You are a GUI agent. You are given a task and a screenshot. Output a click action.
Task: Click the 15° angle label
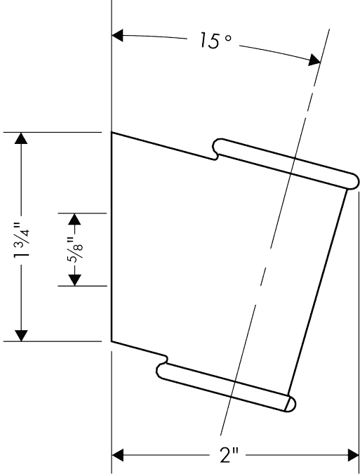215,41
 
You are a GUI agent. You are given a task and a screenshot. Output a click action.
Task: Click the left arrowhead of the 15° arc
117,35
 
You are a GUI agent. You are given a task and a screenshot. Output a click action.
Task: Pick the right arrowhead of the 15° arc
314,60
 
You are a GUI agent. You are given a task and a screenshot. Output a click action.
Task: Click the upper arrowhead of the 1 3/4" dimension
21,138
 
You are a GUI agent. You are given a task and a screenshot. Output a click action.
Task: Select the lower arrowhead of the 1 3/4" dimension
21,336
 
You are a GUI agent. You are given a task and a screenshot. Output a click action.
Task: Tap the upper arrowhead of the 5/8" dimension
74,219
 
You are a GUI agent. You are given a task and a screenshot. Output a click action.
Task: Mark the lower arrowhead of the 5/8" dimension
74,280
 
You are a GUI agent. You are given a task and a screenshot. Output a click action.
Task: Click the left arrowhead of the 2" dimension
118,456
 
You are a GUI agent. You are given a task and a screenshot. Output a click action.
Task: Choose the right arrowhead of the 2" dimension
354,456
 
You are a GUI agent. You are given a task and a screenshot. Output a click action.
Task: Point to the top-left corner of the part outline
112,133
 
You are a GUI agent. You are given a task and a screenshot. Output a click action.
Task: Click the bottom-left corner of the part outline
112,341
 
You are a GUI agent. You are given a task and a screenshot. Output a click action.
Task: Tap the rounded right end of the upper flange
354,181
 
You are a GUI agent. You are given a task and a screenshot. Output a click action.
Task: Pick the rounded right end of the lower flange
291,404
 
